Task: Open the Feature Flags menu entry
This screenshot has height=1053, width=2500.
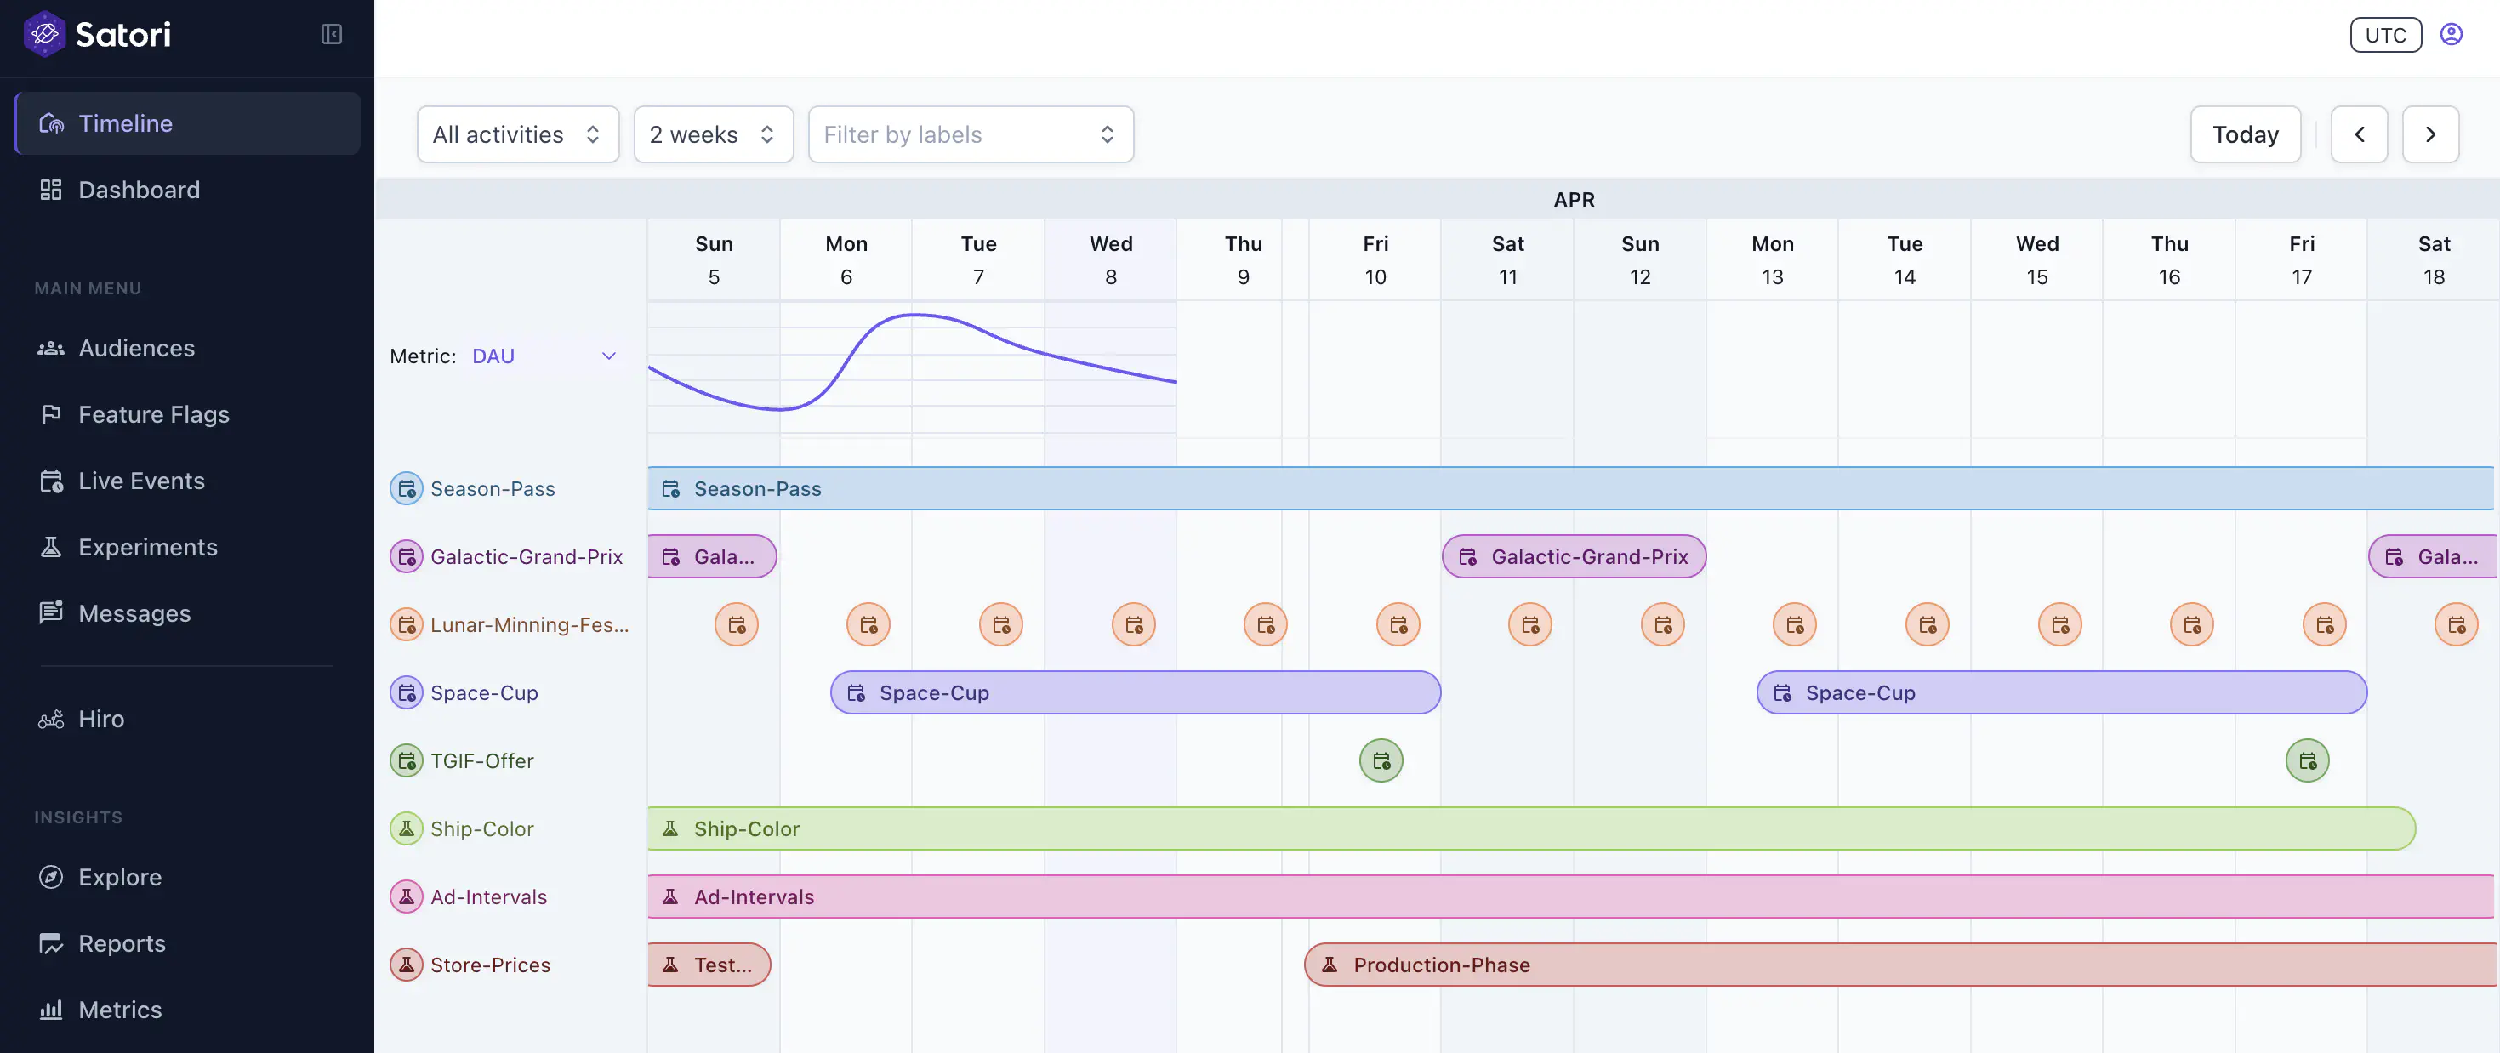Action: (x=153, y=414)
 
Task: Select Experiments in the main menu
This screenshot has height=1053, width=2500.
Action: (x=147, y=548)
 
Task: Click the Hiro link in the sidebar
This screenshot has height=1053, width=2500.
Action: (x=101, y=719)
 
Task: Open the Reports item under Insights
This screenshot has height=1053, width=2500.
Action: (x=122, y=943)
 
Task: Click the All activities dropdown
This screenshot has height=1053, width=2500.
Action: (x=517, y=135)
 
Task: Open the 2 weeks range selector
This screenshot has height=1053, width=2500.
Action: (x=712, y=135)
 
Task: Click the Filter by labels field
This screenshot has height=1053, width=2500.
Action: (x=970, y=135)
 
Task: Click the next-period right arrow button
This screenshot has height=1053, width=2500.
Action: (x=2429, y=135)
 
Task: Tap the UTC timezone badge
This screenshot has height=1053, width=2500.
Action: (x=2384, y=35)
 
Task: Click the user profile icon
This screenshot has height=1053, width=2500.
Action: (x=2451, y=35)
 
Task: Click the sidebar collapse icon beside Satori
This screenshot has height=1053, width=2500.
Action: (x=331, y=35)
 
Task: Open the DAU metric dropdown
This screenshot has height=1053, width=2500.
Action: (x=544, y=356)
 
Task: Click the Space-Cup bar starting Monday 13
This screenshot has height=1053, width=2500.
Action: (x=2060, y=693)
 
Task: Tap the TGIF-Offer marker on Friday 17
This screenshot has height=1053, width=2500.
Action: (x=2307, y=761)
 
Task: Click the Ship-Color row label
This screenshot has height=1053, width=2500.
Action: (x=481, y=828)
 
